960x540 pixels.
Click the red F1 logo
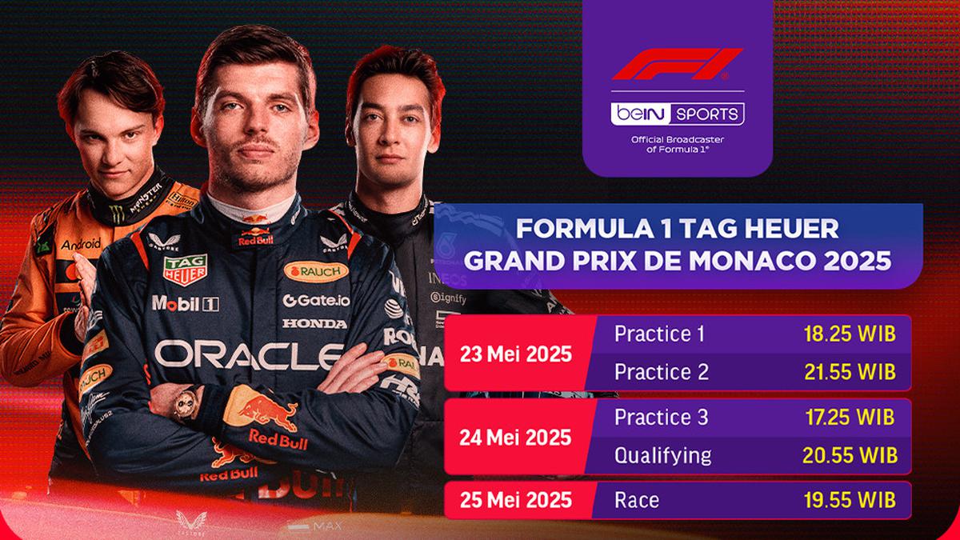click(677, 65)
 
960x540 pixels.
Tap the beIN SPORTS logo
click(677, 114)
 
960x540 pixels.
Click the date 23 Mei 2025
click(517, 354)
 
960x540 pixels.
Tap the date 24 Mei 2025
click(517, 437)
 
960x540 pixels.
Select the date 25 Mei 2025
click(517, 500)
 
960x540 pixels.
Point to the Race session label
click(637, 500)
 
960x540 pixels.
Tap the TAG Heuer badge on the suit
click(186, 269)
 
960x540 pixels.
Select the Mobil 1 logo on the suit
click(185, 303)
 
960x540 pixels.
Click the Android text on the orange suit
click(81, 243)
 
